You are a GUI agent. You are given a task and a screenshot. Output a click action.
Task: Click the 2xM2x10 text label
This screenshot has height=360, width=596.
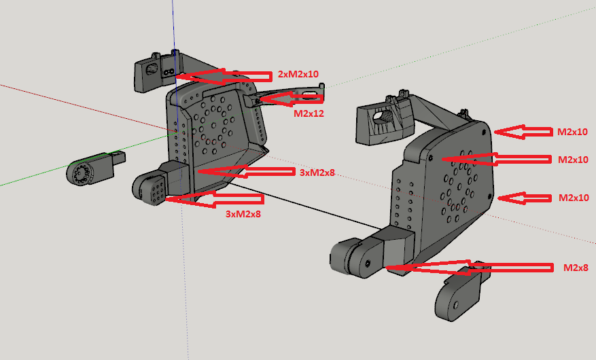298,73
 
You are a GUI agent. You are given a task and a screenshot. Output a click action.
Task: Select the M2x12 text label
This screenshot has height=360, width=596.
309,113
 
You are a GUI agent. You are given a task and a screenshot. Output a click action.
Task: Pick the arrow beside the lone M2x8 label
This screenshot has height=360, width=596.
469,267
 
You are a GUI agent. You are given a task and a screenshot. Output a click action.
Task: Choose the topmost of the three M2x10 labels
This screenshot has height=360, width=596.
572,132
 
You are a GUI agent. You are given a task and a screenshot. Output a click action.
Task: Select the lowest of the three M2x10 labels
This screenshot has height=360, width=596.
572,198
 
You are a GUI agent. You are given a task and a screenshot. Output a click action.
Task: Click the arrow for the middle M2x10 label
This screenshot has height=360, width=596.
520,159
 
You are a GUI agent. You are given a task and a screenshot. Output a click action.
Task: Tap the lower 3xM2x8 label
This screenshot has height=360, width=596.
243,213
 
